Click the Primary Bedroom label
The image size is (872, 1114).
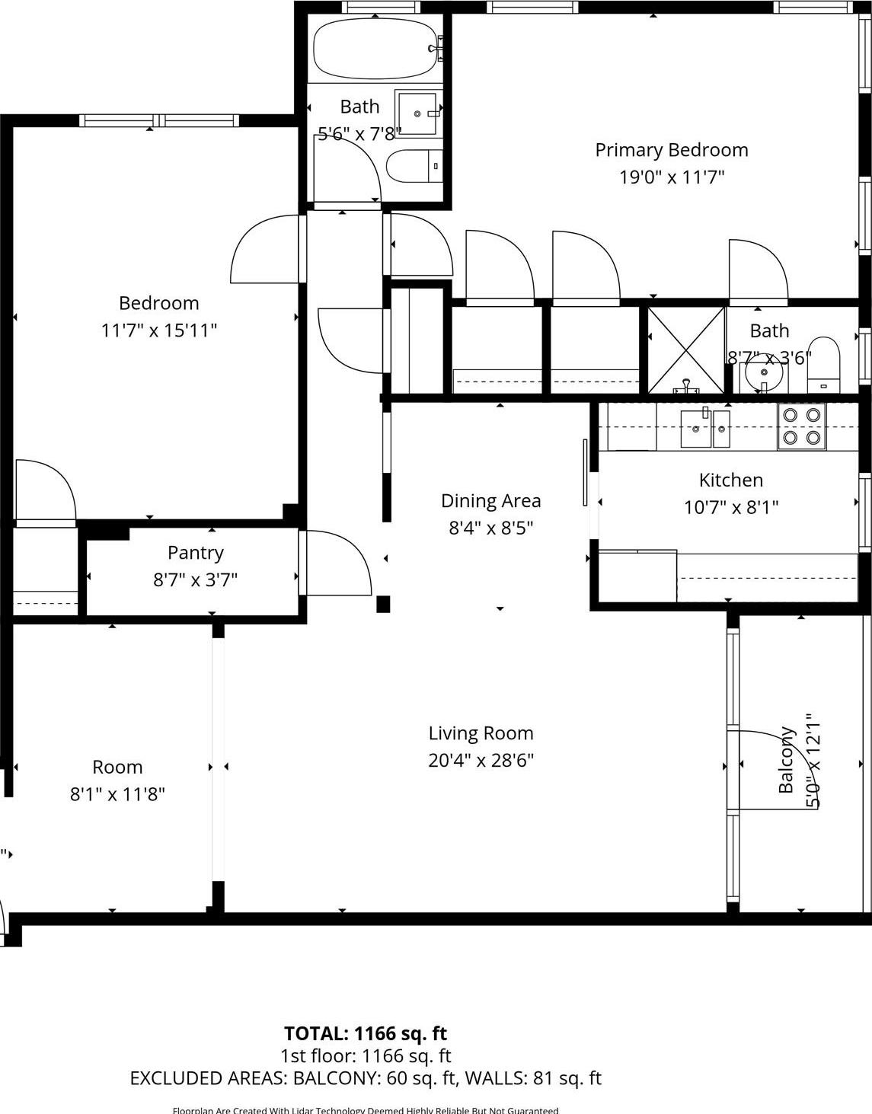(x=671, y=150)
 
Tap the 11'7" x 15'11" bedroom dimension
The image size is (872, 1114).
(x=159, y=330)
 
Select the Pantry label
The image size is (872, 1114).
(x=196, y=553)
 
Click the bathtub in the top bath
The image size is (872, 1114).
(x=373, y=48)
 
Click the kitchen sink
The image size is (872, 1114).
(x=704, y=429)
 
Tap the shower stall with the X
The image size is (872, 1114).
(x=686, y=350)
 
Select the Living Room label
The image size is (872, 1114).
(x=481, y=733)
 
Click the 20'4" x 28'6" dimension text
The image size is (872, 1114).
(x=481, y=760)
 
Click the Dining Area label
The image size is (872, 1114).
(x=490, y=501)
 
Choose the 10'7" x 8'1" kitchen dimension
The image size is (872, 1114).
(x=731, y=507)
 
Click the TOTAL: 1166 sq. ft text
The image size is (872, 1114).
(x=365, y=1033)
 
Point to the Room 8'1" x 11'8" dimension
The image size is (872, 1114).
(x=117, y=794)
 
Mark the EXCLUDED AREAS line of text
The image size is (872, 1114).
(x=365, y=1078)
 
